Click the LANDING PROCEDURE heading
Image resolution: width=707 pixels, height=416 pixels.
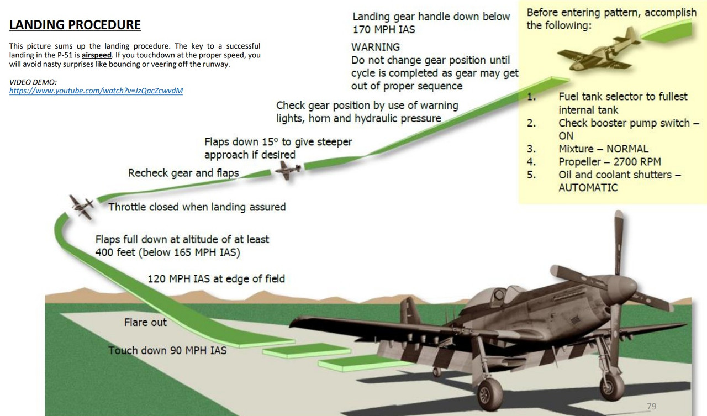click(x=75, y=25)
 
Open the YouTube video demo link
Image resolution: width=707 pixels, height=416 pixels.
click(x=96, y=91)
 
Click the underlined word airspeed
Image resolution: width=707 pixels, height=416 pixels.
click(x=97, y=55)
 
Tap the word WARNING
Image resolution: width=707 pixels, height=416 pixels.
click(x=376, y=47)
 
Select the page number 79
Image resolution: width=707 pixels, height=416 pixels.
click(x=651, y=406)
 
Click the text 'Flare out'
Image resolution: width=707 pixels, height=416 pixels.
click(x=145, y=322)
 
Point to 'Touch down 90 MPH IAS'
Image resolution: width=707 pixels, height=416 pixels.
click(x=167, y=350)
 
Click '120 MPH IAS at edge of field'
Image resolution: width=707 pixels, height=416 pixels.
click(x=216, y=278)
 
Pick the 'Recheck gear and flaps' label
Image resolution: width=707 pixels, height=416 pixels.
click(x=183, y=173)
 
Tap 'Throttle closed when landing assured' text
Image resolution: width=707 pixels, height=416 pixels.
click(x=197, y=207)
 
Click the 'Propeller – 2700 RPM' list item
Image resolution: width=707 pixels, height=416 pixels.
click(x=609, y=162)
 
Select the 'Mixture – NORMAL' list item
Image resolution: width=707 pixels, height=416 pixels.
click(x=603, y=149)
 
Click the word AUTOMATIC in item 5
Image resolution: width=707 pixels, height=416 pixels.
click(x=588, y=187)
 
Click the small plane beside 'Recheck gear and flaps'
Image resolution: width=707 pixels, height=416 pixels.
click(x=288, y=171)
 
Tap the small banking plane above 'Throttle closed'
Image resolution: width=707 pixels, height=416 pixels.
click(x=82, y=207)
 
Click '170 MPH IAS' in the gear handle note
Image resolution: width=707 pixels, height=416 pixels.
click(x=384, y=29)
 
